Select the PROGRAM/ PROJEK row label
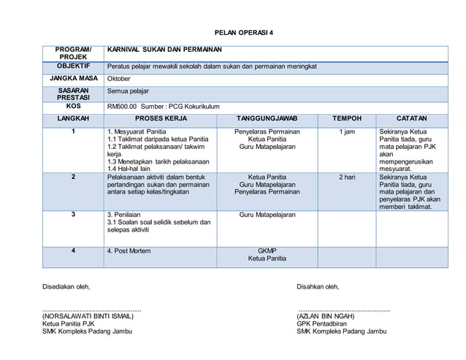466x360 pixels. [x=73, y=53]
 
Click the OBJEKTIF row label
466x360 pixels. [x=73, y=66]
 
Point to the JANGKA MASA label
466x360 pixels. [x=73, y=78]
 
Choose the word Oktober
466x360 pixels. [x=120, y=79]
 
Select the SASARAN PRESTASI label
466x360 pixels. [x=73, y=94]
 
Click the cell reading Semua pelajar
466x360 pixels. [x=128, y=91]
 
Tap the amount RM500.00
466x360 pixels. [x=122, y=107]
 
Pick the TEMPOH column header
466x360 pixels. [x=347, y=118]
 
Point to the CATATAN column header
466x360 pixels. [x=412, y=118]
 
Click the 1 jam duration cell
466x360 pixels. [x=347, y=131]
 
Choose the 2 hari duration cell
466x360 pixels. [x=347, y=177]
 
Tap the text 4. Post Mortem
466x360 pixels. [x=129, y=250]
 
